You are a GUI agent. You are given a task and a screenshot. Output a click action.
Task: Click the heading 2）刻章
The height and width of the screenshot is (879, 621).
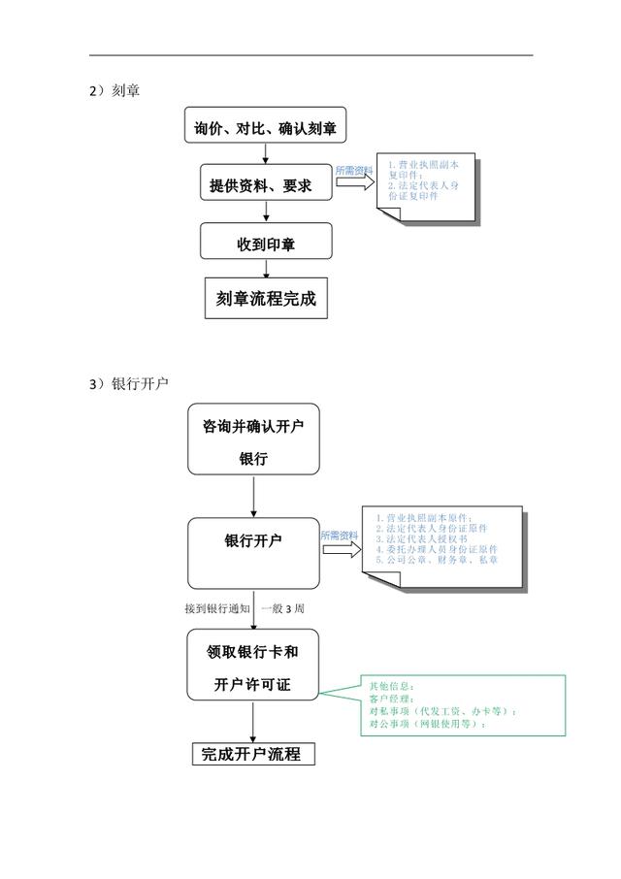tap(114, 91)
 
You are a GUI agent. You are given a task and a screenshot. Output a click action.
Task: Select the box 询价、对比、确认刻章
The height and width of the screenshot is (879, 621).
tap(265, 128)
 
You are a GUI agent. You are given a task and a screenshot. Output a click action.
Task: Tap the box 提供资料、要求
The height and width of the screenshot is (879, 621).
tap(265, 184)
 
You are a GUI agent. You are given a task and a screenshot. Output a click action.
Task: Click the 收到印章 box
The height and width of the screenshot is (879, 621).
tap(266, 243)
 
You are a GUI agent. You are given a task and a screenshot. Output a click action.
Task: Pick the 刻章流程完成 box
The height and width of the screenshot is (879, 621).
tap(266, 299)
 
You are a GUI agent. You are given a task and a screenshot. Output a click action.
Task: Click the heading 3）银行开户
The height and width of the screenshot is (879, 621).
tap(128, 384)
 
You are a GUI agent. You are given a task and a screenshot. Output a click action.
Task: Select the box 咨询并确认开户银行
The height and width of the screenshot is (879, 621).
tap(253, 440)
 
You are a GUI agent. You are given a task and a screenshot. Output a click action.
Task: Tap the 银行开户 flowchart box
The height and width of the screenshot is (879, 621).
tap(253, 552)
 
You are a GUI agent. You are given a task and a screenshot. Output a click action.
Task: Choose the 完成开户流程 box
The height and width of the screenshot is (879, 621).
tap(252, 754)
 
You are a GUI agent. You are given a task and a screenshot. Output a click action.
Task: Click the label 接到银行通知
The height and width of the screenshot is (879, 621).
tap(217, 609)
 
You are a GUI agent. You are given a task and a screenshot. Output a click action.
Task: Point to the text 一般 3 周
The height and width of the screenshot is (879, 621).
tap(283, 609)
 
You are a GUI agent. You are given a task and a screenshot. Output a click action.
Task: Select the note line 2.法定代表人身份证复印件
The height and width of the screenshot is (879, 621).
tap(423, 190)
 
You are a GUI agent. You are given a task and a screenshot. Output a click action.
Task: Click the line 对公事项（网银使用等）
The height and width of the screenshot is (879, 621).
tap(427, 724)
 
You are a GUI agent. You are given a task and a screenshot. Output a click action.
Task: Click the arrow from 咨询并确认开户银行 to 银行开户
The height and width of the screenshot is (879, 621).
tap(253, 496)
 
